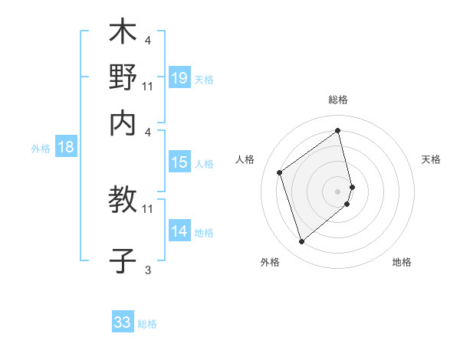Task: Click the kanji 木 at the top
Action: tap(123, 34)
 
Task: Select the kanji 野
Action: tap(123, 78)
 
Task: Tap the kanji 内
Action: tap(123, 123)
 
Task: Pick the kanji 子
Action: tap(123, 260)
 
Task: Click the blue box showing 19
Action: tap(179, 78)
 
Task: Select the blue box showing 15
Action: tap(179, 162)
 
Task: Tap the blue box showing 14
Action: tap(179, 231)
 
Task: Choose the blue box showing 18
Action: tap(66, 147)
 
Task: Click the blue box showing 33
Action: tap(123, 322)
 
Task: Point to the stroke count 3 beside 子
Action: tap(148, 270)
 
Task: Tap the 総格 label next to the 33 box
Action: tap(148, 324)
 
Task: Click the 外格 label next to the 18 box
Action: tap(41, 149)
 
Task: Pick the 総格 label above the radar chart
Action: tap(338, 100)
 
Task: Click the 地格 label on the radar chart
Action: tap(402, 262)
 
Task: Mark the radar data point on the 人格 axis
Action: tap(280, 173)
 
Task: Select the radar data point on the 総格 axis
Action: tap(338, 131)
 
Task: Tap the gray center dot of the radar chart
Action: tap(338, 190)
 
